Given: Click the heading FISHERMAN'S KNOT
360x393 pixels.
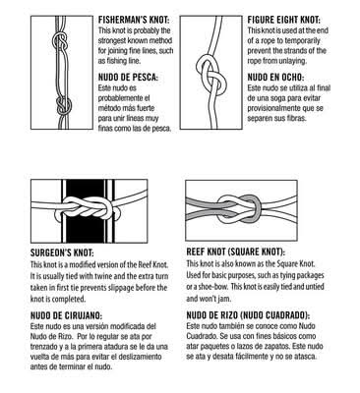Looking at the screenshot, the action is pos(134,20).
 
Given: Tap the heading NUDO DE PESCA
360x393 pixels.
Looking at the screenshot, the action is pos(128,78).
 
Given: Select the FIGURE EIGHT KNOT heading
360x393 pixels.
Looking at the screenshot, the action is pos(284,20).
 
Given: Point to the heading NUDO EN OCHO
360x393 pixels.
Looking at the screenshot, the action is pos(275,78).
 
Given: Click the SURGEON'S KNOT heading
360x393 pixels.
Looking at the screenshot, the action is pos(62,253).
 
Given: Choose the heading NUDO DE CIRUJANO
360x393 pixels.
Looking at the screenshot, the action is pos(66,315).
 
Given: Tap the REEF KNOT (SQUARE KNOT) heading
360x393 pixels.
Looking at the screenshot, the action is pos(236,252).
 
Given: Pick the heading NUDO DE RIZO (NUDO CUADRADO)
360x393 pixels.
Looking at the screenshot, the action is pos(248,315).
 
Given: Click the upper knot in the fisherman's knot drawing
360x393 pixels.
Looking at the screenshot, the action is pos(61,42).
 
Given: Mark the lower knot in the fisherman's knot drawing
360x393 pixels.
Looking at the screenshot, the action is pos(63,105).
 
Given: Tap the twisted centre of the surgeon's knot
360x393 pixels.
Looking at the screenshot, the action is pos(88,208).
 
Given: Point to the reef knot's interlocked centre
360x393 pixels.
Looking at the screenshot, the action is pos(240,208).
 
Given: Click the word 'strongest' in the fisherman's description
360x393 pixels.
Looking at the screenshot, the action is pos(113,41).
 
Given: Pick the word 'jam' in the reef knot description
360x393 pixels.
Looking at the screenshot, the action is pos(224,299).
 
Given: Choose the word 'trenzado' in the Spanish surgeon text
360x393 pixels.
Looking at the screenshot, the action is pos(43,347).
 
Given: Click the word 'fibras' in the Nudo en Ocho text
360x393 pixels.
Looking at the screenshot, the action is pos(296,118).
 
